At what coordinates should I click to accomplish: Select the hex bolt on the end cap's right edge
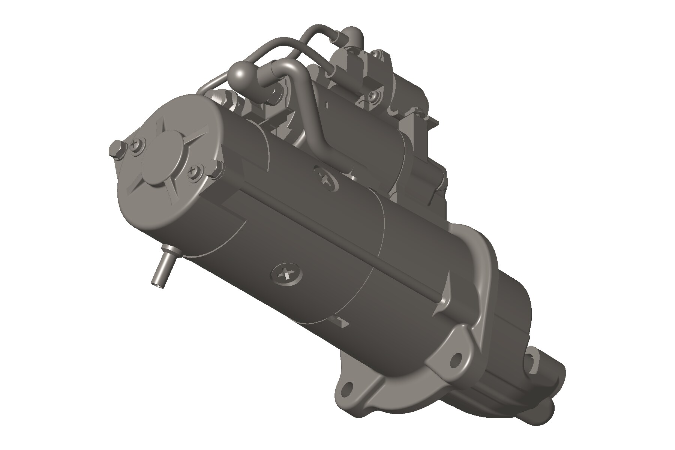pos(216,169)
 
